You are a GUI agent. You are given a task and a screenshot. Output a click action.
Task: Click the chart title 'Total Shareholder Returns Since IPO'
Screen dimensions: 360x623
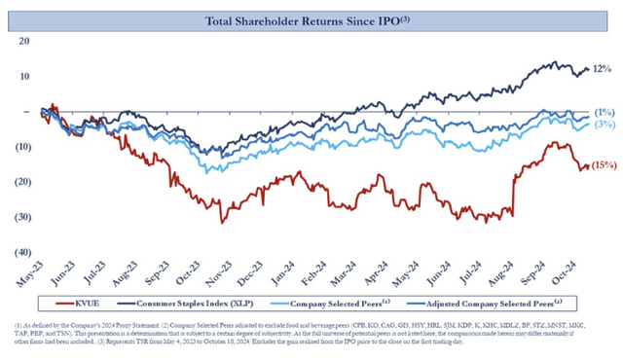point(311,20)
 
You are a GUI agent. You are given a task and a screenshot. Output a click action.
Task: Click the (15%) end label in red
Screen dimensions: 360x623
point(604,165)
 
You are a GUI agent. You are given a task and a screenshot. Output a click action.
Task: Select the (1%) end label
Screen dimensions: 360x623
point(604,113)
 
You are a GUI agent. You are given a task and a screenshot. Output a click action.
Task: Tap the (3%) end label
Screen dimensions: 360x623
point(604,125)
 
